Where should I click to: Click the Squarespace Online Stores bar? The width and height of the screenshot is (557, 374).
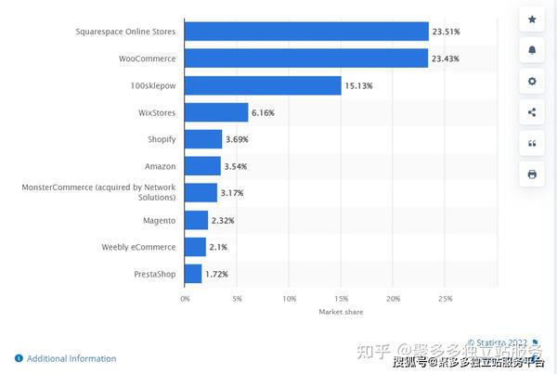[306, 32]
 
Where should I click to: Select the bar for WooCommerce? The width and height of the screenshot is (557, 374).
[306, 58]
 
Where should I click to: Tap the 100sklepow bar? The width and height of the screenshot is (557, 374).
[263, 85]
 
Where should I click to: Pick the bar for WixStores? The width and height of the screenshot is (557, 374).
[216, 112]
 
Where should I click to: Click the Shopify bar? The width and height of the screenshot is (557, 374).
[203, 139]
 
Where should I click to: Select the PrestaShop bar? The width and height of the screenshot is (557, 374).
[193, 274]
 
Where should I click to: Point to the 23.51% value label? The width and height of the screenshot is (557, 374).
[446, 32]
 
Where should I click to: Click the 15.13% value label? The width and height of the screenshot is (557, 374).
[358, 85]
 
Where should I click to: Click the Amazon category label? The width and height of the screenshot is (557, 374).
[161, 166]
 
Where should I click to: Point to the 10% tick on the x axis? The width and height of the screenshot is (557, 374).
[290, 299]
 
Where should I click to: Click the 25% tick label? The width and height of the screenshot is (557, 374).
[446, 299]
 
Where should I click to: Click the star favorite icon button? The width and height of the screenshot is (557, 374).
[532, 19]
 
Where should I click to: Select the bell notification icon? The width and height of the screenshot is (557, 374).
[532, 50]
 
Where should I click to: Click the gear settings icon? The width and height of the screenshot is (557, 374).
[532, 82]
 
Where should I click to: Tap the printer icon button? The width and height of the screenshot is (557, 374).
[532, 174]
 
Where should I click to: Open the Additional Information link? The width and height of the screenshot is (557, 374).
[71, 358]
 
